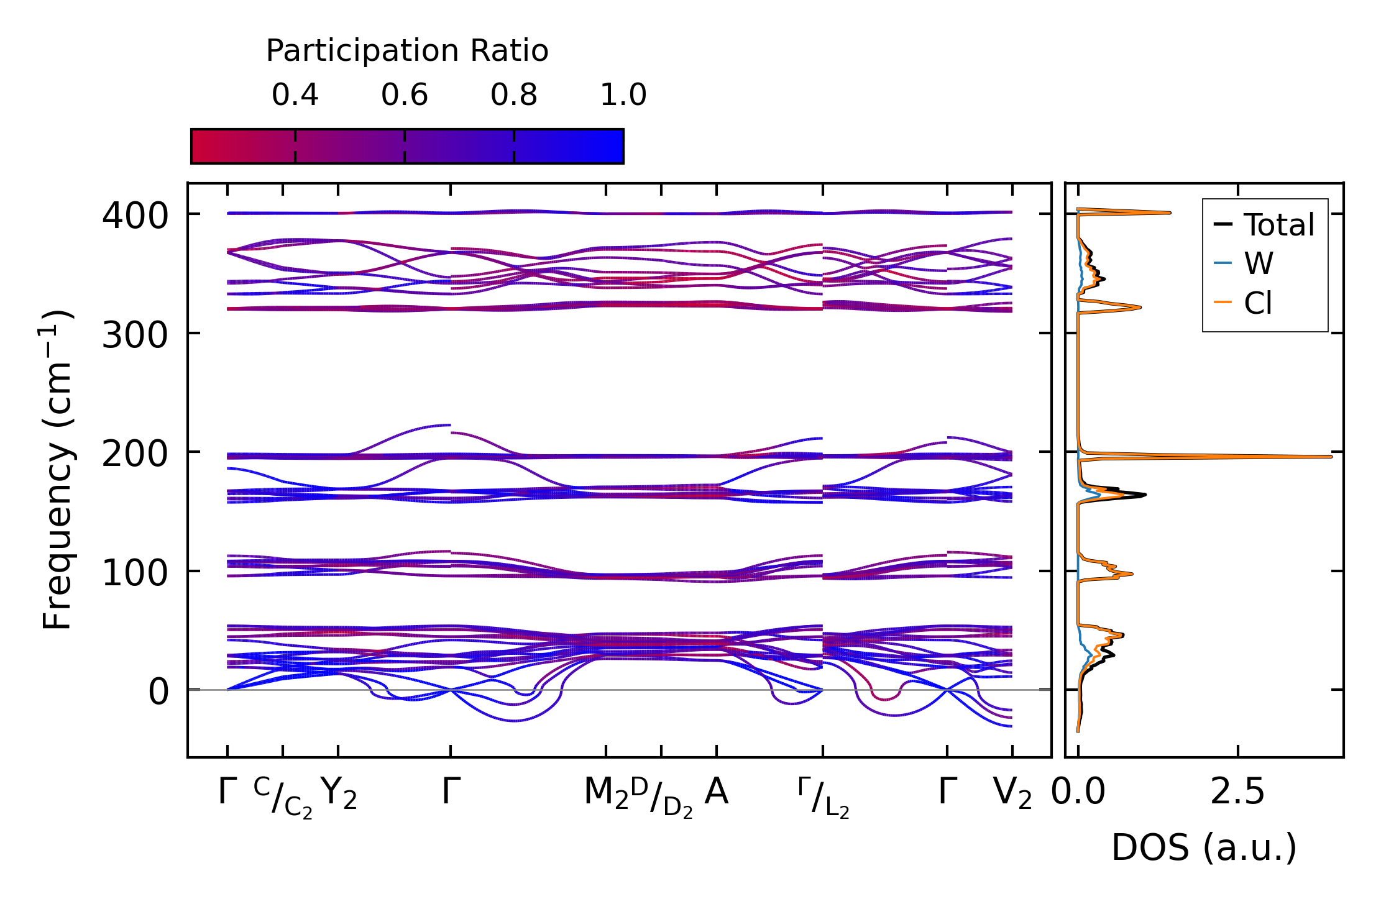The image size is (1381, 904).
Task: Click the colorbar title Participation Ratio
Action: pyautogui.click(x=407, y=51)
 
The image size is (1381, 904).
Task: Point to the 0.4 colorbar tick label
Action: pyautogui.click(x=295, y=95)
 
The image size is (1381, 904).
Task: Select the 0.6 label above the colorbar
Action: pyautogui.click(x=405, y=95)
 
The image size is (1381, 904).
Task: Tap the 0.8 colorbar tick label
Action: pyautogui.click(x=514, y=95)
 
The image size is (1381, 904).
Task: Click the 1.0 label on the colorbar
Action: pyautogui.click(x=623, y=95)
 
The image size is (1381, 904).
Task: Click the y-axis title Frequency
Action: pyautogui.click(x=57, y=470)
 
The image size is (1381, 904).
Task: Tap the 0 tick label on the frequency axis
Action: pyautogui.click(x=158, y=692)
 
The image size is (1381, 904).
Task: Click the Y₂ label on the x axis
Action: pyautogui.click(x=339, y=793)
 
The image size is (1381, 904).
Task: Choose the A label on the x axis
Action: pyautogui.click(x=717, y=793)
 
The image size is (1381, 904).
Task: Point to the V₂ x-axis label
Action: pyautogui.click(x=1012, y=793)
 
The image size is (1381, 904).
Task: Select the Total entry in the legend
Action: pyautogui.click(x=1278, y=224)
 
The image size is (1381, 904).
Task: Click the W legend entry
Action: pyautogui.click(x=1258, y=263)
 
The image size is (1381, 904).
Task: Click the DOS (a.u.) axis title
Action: pyautogui.click(x=1204, y=847)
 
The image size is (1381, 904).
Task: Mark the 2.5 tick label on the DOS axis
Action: pyautogui.click(x=1237, y=793)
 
